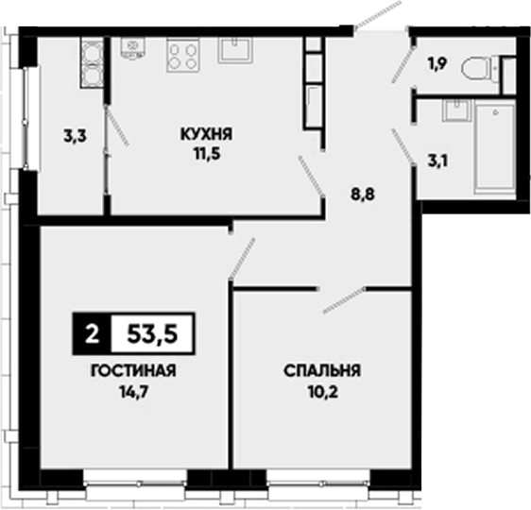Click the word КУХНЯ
[206, 134]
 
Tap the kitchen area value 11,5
[207, 154]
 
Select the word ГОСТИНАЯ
[133, 371]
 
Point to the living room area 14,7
[134, 392]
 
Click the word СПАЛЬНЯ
[322, 371]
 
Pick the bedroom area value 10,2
[323, 392]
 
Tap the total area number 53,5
[152, 334]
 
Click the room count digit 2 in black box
[92, 334]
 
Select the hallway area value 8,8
[363, 195]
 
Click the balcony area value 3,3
[75, 136]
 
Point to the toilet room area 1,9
[438, 64]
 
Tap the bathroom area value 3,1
[437, 161]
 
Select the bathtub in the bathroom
[495, 149]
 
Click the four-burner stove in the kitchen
[183, 55]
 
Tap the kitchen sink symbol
[235, 50]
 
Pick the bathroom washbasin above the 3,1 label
[456, 110]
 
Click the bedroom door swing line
[344, 300]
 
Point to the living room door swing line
[242, 259]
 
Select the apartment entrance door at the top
[378, 15]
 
